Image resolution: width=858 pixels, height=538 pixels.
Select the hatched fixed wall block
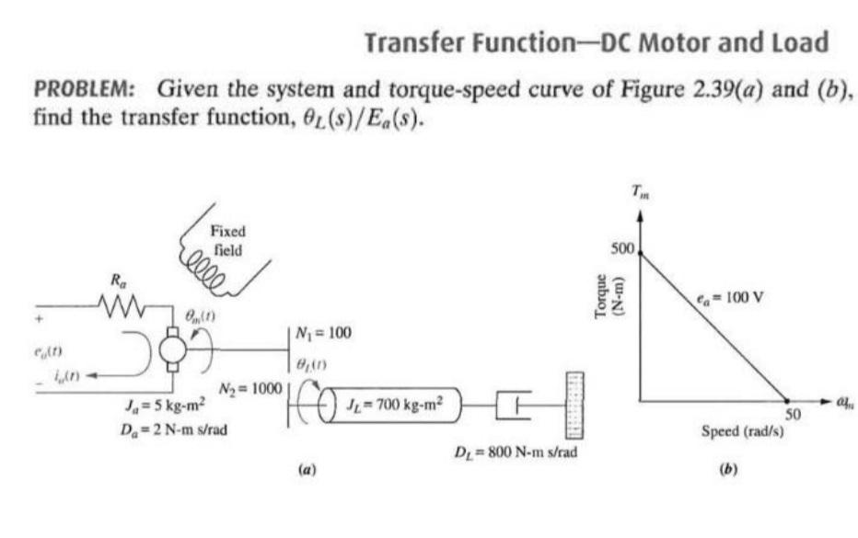tap(577, 405)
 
